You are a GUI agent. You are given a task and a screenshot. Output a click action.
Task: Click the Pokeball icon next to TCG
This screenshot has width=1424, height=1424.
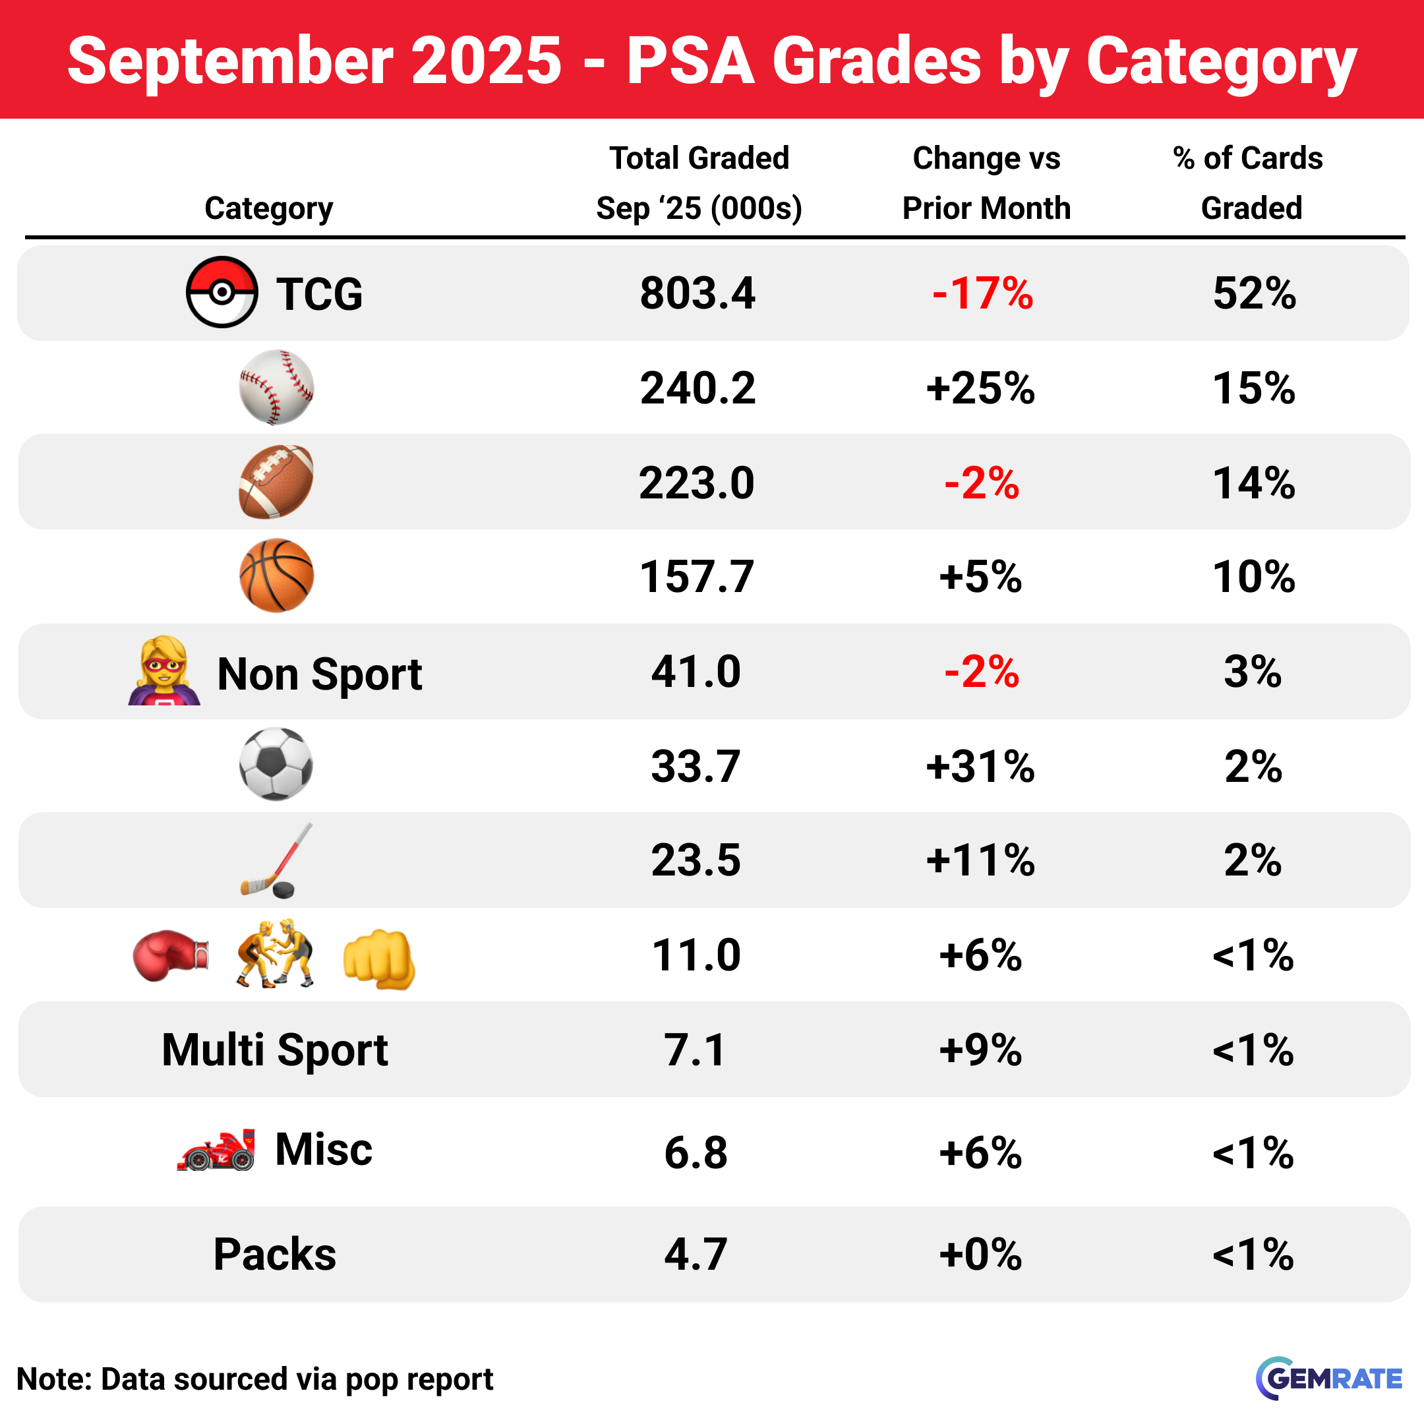point(221,293)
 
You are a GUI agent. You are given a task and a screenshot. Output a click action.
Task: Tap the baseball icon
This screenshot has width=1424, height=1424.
point(276,387)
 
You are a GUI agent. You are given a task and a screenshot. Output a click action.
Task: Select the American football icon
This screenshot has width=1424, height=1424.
point(276,482)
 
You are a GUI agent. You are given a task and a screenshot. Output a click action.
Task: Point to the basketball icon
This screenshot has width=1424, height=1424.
point(276,576)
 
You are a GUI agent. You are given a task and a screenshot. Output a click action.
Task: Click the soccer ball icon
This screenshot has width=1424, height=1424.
point(276,764)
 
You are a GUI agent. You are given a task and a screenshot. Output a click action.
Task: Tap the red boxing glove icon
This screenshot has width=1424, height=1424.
point(170,955)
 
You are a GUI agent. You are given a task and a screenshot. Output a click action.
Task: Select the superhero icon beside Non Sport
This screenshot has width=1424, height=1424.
point(164,670)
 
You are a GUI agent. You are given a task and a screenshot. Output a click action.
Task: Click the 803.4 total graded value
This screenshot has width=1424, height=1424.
point(697,293)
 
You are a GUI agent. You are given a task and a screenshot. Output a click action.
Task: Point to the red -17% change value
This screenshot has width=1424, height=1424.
point(982,293)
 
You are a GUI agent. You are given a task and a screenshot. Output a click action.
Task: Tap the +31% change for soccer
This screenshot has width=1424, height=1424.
point(980,767)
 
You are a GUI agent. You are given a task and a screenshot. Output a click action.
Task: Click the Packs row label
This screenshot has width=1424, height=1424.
point(275,1254)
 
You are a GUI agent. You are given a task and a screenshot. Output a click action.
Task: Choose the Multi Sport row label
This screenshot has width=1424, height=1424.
point(275,1050)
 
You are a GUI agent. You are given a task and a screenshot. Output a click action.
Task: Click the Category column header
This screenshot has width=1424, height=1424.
point(268,208)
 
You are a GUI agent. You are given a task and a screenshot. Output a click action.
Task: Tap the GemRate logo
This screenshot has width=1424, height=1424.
point(1329,1379)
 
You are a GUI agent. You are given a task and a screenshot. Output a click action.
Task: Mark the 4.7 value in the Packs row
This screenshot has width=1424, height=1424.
point(696,1255)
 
